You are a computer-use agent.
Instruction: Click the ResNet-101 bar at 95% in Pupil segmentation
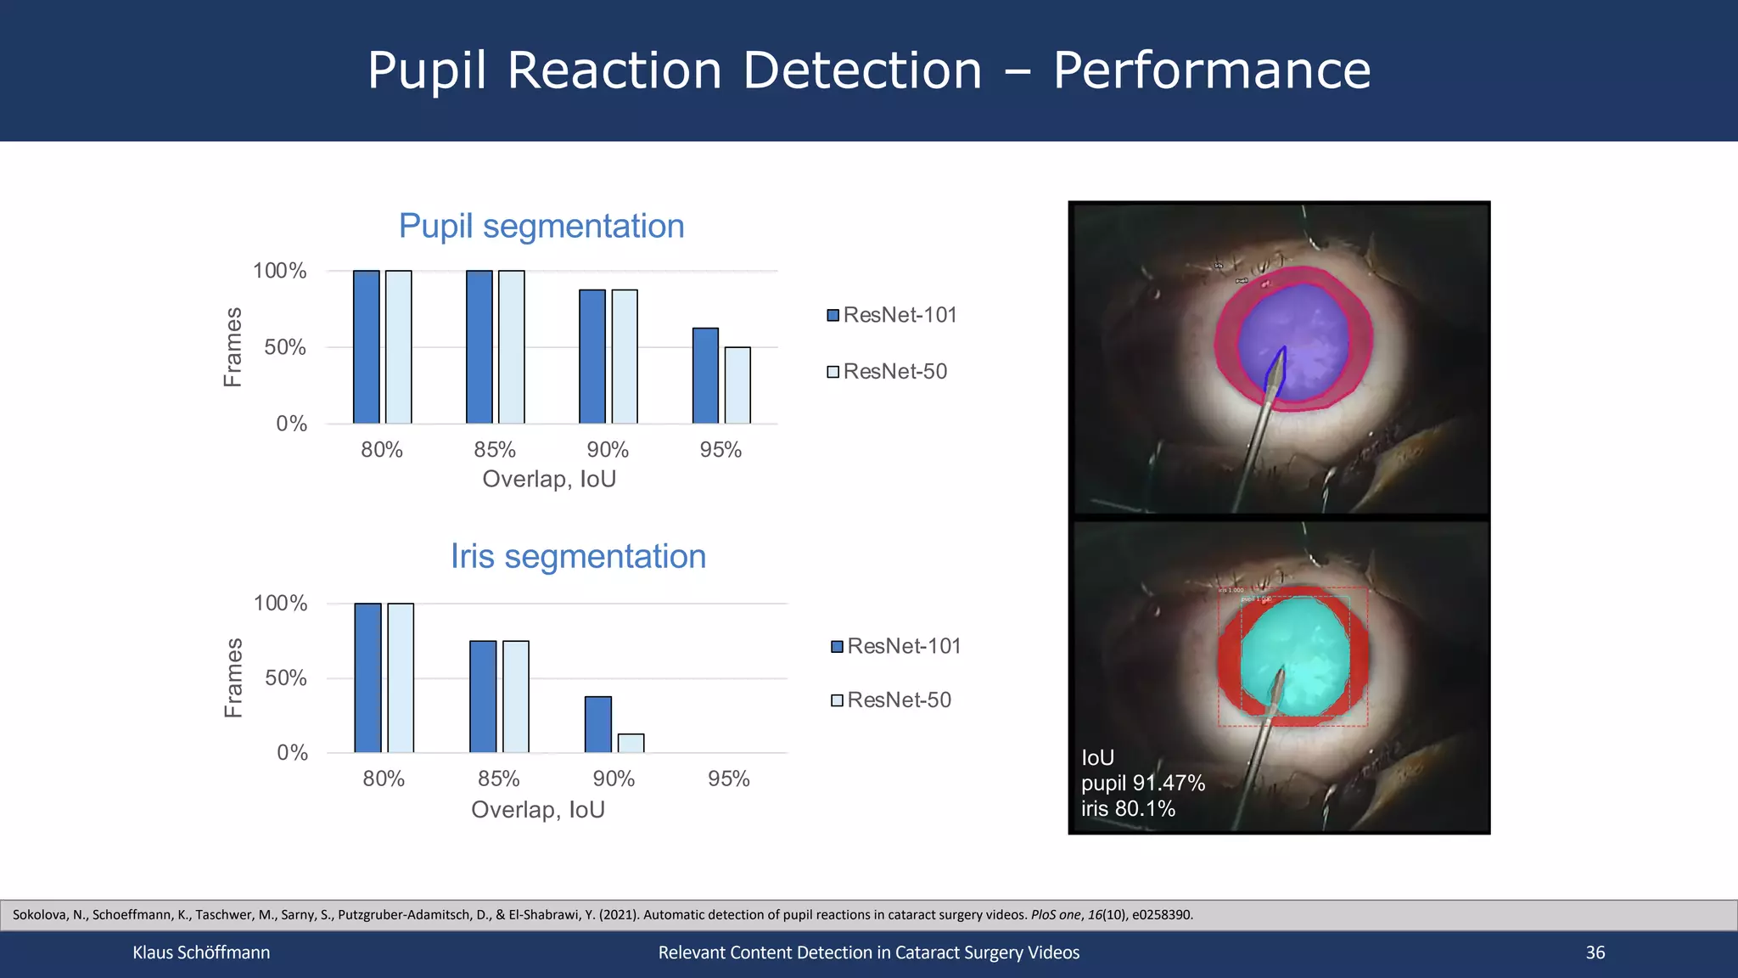pyautogui.click(x=705, y=375)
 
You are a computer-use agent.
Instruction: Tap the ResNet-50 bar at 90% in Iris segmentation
pyautogui.click(x=631, y=743)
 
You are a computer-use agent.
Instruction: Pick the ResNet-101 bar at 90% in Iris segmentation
pyautogui.click(x=598, y=724)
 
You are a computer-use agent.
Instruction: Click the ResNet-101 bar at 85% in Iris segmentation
pyautogui.click(x=483, y=696)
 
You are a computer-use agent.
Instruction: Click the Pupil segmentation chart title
pyautogui.click(x=541, y=226)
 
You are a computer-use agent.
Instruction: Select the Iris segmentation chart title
pyautogui.click(x=578, y=556)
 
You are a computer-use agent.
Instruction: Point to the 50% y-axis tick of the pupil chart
pyautogui.click(x=284, y=347)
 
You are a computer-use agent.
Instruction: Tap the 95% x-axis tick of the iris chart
pyautogui.click(x=728, y=778)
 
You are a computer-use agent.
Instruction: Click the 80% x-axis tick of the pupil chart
pyautogui.click(x=382, y=450)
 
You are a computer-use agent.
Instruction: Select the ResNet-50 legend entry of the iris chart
pyautogui.click(x=892, y=700)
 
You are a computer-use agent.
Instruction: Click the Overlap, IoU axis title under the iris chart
pyautogui.click(x=537, y=809)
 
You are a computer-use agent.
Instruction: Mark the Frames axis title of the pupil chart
pyautogui.click(x=233, y=347)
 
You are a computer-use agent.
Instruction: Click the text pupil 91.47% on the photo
pyautogui.click(x=1142, y=783)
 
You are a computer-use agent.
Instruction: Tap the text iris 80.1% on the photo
pyautogui.click(x=1128, y=808)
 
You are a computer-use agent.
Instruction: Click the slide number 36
pyautogui.click(x=1595, y=953)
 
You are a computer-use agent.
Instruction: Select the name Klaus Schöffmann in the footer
pyautogui.click(x=201, y=953)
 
